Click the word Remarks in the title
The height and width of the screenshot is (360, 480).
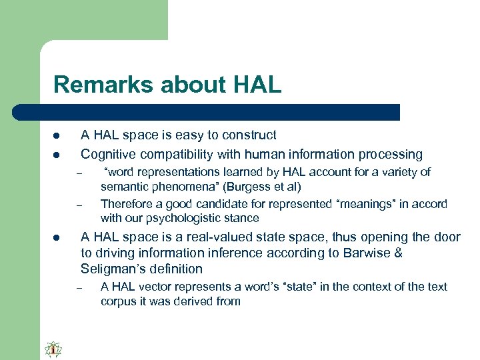(x=95, y=85)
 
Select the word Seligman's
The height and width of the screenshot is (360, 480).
(x=109, y=269)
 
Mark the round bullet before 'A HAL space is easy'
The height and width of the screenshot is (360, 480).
(x=57, y=136)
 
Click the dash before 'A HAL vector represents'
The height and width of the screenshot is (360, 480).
(x=78, y=288)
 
